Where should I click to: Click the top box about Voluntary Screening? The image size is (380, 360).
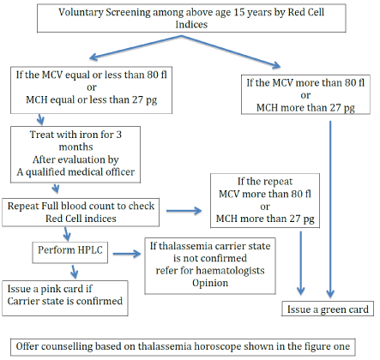coord(191,18)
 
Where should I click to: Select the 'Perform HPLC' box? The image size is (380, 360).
coord(70,252)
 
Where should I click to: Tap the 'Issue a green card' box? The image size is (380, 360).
coord(328,309)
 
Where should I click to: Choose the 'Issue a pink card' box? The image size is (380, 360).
coord(65,298)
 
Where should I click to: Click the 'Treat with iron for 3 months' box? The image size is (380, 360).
coord(75,154)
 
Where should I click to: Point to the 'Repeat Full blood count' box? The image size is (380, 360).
coord(81,213)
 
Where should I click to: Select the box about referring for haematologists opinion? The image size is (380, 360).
coord(210,266)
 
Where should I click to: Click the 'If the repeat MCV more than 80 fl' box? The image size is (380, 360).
coord(265,201)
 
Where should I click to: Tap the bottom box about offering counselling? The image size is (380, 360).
coord(183,347)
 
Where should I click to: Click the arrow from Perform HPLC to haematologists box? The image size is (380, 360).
coord(127,254)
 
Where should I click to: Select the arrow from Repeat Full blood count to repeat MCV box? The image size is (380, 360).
coord(184,211)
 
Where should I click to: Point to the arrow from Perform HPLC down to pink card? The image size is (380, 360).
coord(74,272)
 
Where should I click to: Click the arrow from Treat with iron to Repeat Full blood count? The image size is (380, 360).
coord(56,189)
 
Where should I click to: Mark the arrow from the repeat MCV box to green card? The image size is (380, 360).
coord(300,263)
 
